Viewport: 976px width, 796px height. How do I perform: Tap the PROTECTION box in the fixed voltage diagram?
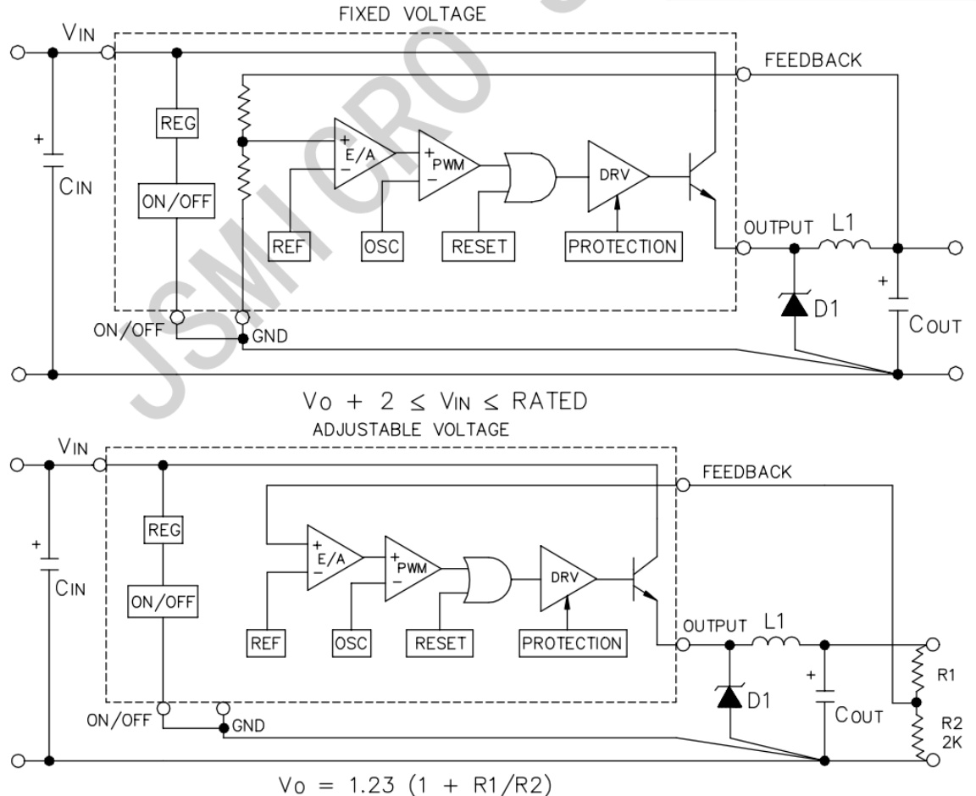623,247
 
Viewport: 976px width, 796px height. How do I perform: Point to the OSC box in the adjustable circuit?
350,643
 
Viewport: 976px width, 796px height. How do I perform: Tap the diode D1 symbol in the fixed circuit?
795,303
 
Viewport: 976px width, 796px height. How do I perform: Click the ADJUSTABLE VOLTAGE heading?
411,429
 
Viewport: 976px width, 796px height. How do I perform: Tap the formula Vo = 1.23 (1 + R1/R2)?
407,784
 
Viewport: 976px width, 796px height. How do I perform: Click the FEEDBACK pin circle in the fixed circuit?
743,75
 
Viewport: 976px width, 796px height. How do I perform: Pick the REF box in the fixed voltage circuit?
286,247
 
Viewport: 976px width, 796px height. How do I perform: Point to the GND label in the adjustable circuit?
248,726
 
